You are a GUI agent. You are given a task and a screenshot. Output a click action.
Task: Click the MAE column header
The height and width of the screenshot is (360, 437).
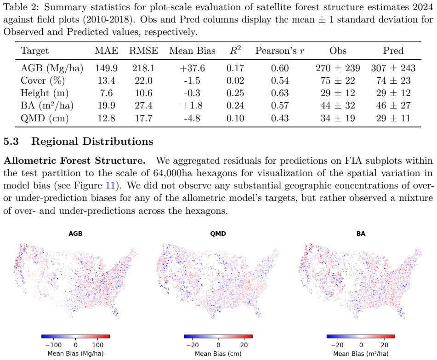click(106, 51)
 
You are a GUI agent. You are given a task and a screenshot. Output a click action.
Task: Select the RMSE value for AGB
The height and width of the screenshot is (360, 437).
click(143, 69)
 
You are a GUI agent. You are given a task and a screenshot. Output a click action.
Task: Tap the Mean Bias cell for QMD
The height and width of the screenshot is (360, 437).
click(192, 118)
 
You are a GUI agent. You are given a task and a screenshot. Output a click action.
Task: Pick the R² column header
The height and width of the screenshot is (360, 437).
click(235, 50)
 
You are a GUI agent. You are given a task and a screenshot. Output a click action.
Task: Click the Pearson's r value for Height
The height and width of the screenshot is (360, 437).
click(280, 93)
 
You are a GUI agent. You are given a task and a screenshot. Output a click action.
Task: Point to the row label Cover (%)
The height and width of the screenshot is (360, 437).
click(43, 81)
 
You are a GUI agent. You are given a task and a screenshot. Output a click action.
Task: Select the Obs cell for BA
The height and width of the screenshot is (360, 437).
click(338, 106)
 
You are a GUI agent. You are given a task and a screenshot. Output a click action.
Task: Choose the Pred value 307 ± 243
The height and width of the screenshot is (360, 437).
click(393, 69)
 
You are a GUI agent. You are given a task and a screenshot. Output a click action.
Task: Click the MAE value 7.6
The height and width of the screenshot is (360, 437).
click(106, 93)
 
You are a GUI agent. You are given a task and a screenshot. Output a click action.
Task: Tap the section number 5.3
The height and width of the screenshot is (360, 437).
click(11, 141)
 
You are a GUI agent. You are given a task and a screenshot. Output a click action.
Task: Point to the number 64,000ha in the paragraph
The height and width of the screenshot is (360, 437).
click(173, 173)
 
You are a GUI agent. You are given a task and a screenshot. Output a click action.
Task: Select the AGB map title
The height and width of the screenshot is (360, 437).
click(75, 234)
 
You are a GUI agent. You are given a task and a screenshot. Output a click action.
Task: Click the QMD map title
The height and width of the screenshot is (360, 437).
click(218, 234)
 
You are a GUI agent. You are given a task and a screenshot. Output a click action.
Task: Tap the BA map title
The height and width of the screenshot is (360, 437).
click(361, 234)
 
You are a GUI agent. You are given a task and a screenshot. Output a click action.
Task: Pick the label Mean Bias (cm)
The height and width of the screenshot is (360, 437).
click(218, 354)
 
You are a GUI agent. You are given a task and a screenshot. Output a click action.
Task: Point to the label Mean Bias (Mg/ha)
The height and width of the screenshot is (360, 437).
click(75, 354)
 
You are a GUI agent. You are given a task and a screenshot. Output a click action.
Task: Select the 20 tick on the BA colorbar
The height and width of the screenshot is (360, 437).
click(384, 345)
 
